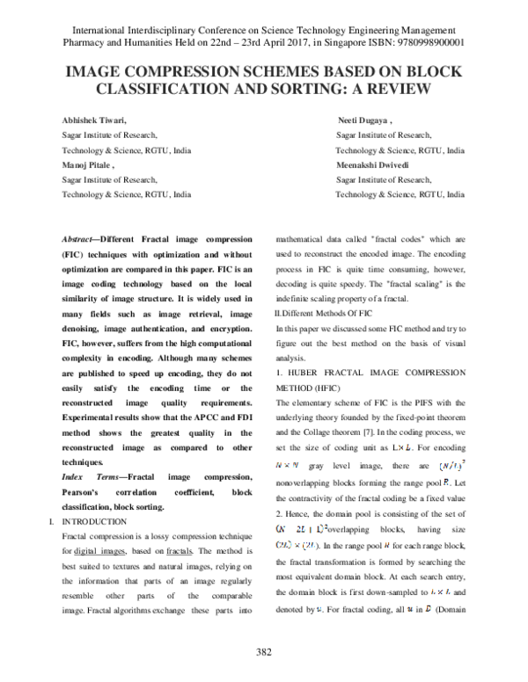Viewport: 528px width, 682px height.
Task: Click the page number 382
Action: pyautogui.click(x=263, y=651)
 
